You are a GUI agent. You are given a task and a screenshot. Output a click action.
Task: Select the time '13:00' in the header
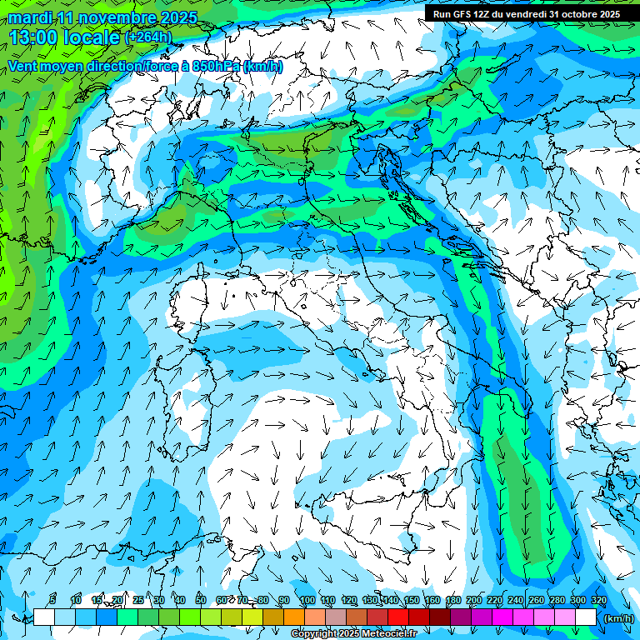click(x=38, y=37)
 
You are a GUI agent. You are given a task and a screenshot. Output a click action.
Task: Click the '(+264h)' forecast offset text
click(x=148, y=37)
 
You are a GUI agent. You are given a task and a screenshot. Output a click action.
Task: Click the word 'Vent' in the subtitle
click(x=22, y=66)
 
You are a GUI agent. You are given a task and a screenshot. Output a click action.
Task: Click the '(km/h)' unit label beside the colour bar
click(x=617, y=617)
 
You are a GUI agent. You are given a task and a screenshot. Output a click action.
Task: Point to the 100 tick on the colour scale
click(x=307, y=601)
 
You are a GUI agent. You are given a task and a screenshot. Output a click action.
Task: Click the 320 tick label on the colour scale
click(x=598, y=601)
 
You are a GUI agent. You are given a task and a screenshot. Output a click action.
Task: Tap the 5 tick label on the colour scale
click(x=54, y=601)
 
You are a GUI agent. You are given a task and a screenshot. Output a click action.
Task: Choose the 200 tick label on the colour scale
click(x=473, y=601)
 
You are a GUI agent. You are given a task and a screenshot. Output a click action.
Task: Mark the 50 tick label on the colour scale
click(x=201, y=601)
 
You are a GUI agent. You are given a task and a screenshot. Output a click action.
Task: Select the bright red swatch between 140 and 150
click(x=398, y=617)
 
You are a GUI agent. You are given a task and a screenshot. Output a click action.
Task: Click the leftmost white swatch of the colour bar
click(x=44, y=617)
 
